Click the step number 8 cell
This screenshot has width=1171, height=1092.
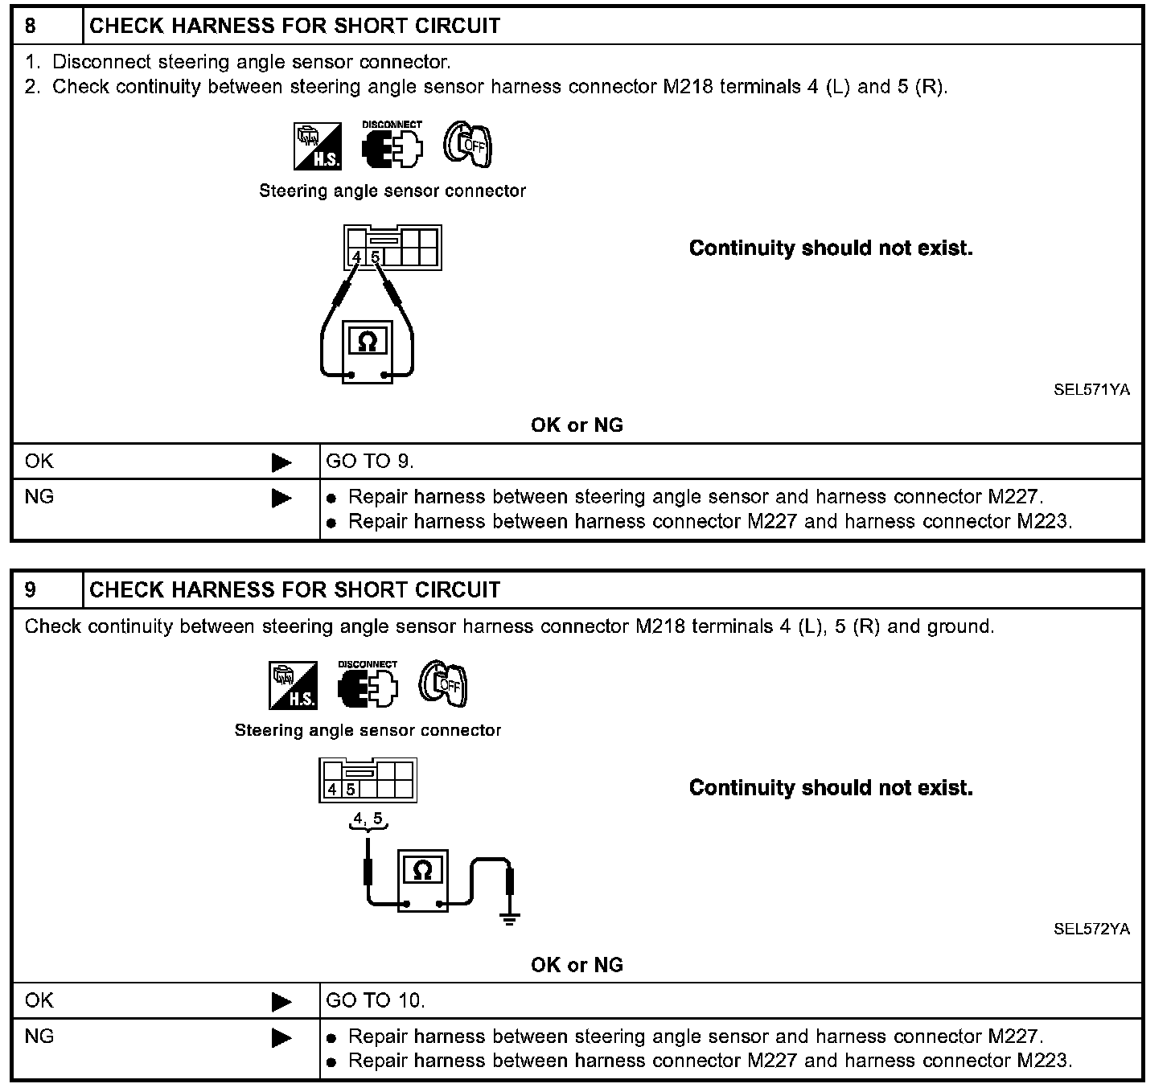click(x=31, y=27)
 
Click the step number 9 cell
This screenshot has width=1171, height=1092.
click(x=31, y=590)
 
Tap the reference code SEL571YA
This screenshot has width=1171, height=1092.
click(x=1091, y=390)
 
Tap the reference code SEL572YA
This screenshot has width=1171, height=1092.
click(x=1091, y=930)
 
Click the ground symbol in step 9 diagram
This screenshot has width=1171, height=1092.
click(x=509, y=919)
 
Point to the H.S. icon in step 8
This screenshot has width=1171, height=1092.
click(x=317, y=146)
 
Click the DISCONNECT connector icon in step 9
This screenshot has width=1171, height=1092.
click(x=368, y=686)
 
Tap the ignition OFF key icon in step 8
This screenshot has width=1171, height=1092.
click(x=468, y=146)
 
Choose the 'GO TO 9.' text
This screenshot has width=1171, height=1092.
click(x=370, y=462)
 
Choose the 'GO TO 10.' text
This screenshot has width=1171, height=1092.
click(x=376, y=1001)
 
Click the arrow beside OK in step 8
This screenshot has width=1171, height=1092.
click(x=281, y=462)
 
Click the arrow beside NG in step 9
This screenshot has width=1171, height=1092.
click(x=281, y=1038)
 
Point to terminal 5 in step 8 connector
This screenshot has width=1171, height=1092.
click(x=376, y=257)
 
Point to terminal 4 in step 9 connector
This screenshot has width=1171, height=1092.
click(x=331, y=790)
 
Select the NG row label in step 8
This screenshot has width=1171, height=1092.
click(x=39, y=497)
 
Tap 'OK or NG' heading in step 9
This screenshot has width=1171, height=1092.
click(x=577, y=965)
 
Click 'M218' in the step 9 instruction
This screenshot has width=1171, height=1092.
click(x=659, y=626)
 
